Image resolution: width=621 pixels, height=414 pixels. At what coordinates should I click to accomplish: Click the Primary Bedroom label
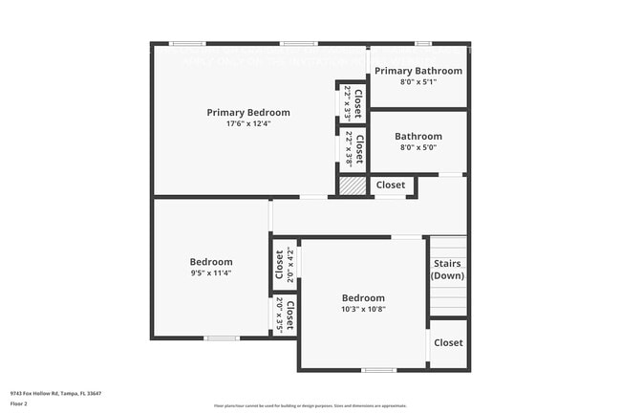click(x=248, y=113)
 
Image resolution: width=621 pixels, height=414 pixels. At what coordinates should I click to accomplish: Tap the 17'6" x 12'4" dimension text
click(x=248, y=124)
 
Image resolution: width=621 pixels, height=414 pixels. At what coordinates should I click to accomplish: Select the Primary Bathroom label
click(x=418, y=71)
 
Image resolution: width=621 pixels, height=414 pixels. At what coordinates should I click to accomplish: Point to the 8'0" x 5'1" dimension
click(x=418, y=82)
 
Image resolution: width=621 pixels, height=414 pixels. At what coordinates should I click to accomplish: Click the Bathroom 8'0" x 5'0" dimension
click(x=418, y=148)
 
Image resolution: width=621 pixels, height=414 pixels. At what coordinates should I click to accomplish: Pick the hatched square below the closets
click(x=353, y=185)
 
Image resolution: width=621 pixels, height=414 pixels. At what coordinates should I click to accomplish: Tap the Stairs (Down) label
click(x=447, y=270)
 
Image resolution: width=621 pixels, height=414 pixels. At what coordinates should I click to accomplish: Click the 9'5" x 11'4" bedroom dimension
click(x=210, y=273)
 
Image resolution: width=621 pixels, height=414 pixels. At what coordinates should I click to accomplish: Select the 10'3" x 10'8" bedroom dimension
click(x=363, y=309)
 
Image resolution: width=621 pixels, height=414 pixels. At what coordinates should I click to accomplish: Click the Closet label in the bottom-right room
click(x=448, y=343)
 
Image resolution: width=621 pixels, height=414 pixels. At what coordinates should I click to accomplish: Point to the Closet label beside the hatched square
click(x=390, y=185)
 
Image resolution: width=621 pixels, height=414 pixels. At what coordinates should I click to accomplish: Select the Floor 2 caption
click(x=18, y=404)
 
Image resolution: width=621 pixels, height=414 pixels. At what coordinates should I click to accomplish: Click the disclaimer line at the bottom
click(x=310, y=406)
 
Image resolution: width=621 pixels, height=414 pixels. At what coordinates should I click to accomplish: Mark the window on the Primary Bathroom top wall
click(x=422, y=43)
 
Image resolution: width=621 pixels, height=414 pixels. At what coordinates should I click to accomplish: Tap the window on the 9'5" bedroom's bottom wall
click(x=222, y=338)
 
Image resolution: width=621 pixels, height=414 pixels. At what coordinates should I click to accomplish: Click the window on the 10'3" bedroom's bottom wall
click(x=378, y=370)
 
